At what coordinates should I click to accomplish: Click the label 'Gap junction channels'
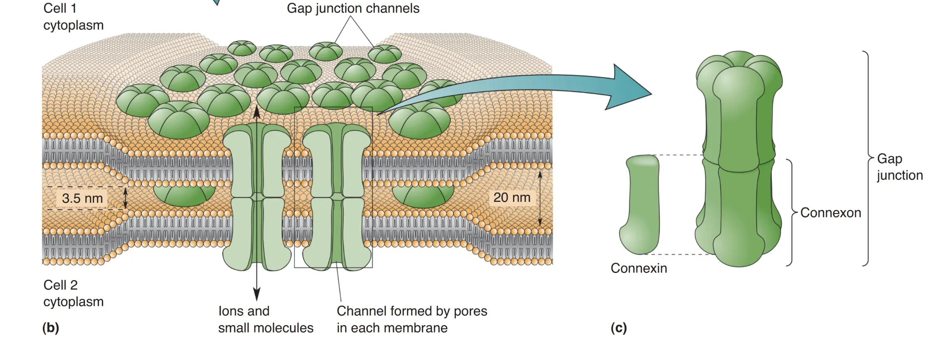tap(353, 9)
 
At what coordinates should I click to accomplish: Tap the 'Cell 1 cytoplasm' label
tap(73, 17)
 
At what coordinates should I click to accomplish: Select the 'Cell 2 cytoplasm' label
tap(73, 293)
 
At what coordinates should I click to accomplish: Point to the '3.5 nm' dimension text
tap(82, 198)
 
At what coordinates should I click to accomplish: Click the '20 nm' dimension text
tap(512, 197)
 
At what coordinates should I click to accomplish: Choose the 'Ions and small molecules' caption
tap(265, 320)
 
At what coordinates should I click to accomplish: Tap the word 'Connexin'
tap(639, 268)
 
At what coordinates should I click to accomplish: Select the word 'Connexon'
tap(830, 213)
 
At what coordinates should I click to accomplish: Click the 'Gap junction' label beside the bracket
tap(899, 167)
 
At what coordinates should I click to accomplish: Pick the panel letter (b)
tap(51, 328)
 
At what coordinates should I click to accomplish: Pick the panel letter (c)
tap(619, 328)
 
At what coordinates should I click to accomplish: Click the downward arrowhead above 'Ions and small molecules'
tap(257, 294)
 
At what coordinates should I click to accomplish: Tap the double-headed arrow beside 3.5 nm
tap(126, 198)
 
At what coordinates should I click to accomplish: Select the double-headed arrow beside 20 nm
tap(540, 199)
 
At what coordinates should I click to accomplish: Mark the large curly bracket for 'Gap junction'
tap(867, 158)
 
